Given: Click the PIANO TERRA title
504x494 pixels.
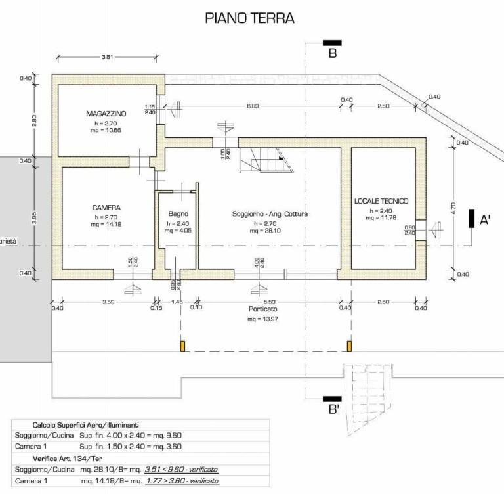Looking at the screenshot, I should (249, 18).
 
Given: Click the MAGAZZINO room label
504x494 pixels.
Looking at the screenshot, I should (106, 114).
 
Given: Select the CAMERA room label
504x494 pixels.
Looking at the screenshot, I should (106, 208).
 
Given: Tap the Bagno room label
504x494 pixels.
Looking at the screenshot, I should (178, 214).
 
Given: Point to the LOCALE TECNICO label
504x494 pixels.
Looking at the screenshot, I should (381, 201).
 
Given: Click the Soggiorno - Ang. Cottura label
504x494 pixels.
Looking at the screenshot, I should (270, 214).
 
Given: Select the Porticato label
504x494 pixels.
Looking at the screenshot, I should (262, 309).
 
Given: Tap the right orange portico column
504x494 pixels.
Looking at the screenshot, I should (348, 346).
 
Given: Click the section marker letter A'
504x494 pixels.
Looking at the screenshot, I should (486, 220).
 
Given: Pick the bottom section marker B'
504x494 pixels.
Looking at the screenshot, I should (333, 410).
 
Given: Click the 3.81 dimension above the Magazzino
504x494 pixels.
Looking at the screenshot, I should (108, 58).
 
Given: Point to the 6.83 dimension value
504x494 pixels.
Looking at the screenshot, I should (253, 106).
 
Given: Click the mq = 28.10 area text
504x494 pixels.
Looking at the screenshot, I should (270, 231).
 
